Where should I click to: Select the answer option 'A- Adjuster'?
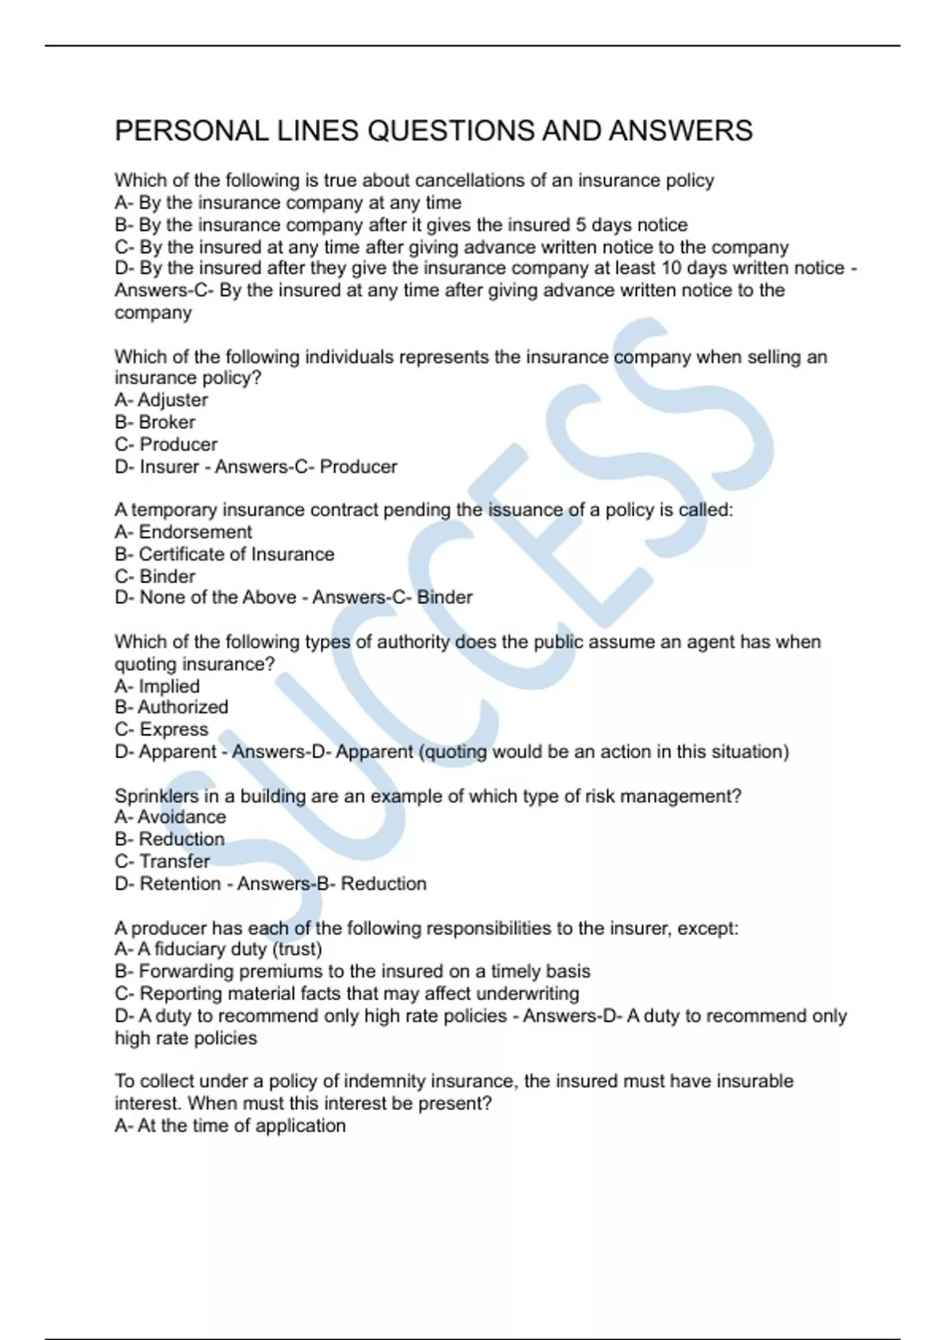tap(162, 400)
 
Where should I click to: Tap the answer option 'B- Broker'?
tap(155, 422)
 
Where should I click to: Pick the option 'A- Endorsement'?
tap(184, 532)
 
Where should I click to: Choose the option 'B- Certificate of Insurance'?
tap(225, 554)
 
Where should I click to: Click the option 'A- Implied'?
tap(158, 687)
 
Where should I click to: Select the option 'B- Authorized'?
tap(172, 708)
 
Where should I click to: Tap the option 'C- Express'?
tap(162, 730)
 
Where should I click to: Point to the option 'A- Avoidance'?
tap(170, 817)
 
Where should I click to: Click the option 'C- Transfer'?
tap(162, 862)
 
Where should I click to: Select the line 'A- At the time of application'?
tap(230, 1126)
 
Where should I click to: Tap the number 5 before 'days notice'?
tap(580, 225)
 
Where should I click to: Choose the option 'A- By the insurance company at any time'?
tap(289, 203)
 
